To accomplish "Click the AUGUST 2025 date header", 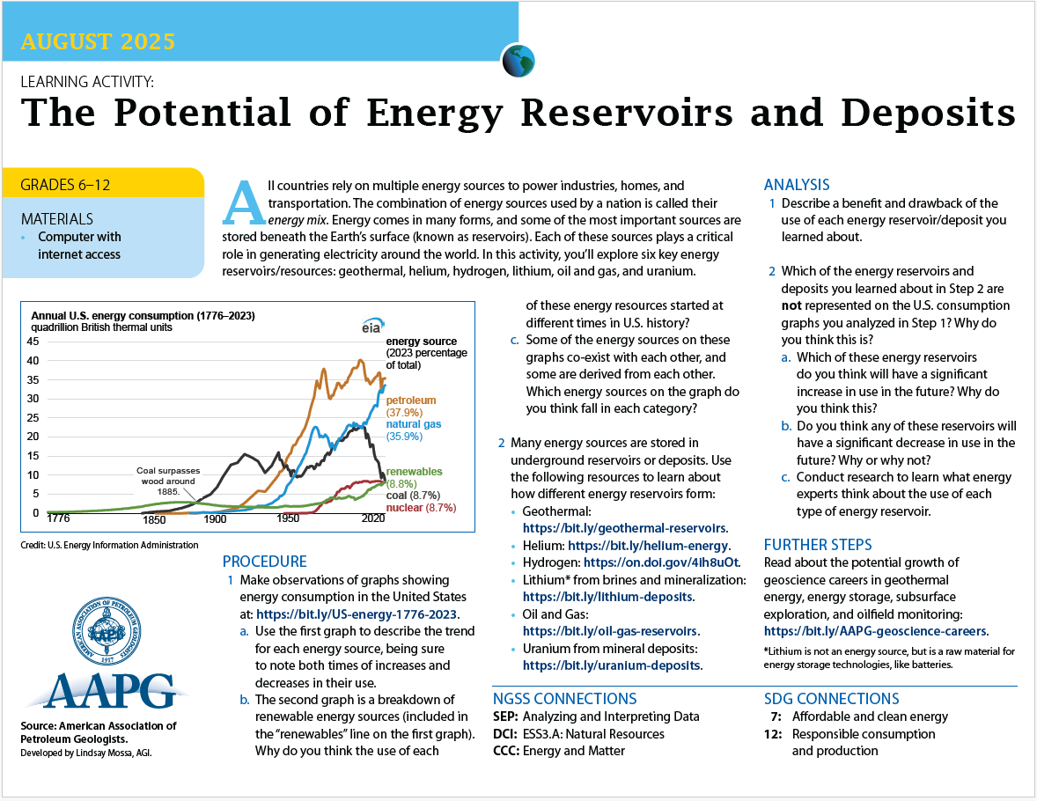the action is (98, 41).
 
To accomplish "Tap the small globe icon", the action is (518, 61).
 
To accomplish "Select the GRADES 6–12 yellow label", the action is (65, 185).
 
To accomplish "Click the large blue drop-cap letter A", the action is (245, 202).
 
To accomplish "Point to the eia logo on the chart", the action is (372, 326).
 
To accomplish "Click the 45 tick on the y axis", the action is (33, 342).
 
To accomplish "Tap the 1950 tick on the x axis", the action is (288, 518).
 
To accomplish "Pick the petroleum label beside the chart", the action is (411, 400).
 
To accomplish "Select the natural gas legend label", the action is (414, 424).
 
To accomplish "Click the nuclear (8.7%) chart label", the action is (422, 507).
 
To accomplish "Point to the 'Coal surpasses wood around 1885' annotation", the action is (168, 481).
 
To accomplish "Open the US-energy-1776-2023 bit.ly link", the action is (357, 614).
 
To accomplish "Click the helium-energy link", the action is (648, 546).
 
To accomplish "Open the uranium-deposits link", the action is (611, 665).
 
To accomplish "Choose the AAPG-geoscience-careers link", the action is (875, 631).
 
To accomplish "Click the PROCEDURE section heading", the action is (265, 562).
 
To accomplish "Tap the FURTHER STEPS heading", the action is (818, 545).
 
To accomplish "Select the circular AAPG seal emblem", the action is (107, 631).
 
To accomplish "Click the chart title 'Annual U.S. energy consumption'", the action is (143, 315).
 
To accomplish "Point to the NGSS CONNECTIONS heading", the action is (565, 699).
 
